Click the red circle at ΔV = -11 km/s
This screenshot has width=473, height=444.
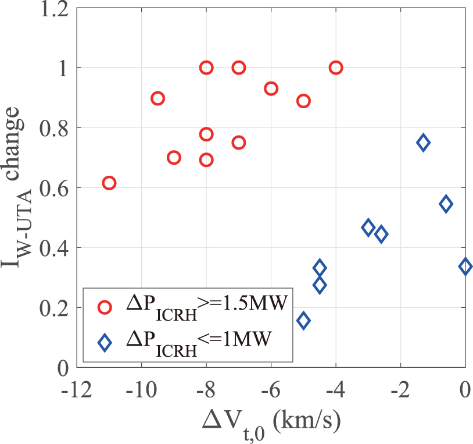[109, 183]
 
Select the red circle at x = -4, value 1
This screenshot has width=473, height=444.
[336, 68]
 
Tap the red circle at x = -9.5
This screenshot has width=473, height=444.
[157, 98]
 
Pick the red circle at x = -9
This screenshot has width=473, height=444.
[174, 157]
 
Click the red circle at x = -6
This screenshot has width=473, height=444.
[271, 88]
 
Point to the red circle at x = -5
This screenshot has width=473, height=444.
[303, 101]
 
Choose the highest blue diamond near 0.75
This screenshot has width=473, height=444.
[423, 143]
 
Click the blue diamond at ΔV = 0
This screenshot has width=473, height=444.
[465, 267]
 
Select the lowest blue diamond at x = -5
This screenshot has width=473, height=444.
[303, 321]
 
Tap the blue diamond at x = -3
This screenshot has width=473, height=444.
[368, 228]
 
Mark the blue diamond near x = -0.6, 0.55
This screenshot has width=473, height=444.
[446, 204]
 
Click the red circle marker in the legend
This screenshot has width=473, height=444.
[105, 307]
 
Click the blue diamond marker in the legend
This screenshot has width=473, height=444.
[105, 343]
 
